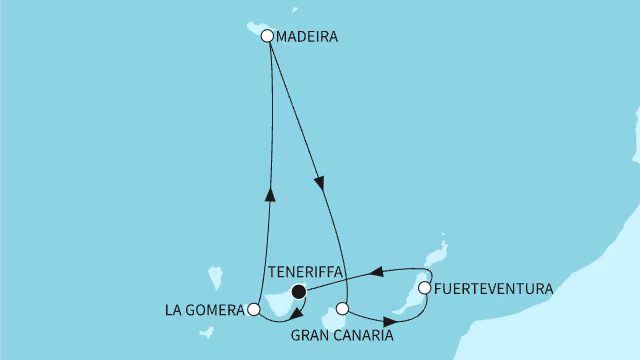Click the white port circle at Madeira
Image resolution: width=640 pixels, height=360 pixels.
pos(267,36)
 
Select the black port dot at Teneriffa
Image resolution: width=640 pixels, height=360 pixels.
pos(298,292)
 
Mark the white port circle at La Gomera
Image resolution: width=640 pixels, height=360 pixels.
pos(253,310)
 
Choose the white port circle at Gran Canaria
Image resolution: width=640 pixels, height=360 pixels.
pos(342,309)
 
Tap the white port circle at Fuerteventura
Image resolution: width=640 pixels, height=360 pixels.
pos(424,288)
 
